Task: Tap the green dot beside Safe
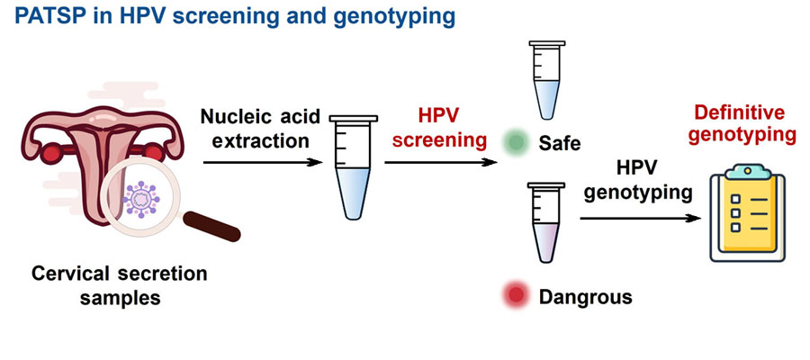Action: pos(515,141)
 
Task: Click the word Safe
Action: pos(561,142)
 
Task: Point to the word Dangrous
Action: pos(585,296)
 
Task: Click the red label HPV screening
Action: pos(438,129)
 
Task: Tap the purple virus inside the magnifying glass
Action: pos(145,198)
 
